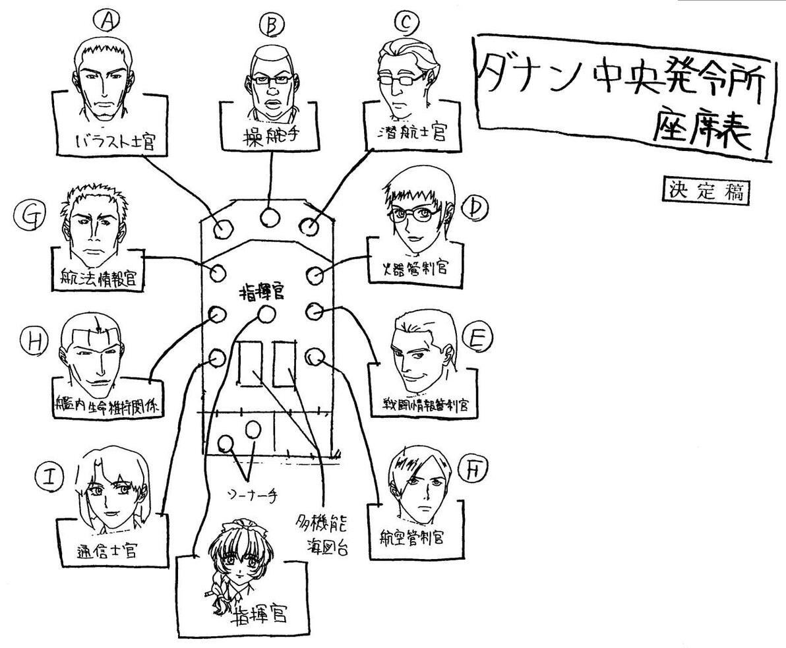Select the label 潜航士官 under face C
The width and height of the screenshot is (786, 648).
pos(415,134)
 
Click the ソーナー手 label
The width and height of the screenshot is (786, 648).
pos(251,494)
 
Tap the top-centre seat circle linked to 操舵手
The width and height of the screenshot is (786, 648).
pos(268,217)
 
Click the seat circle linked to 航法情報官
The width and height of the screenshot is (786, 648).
pos(217,272)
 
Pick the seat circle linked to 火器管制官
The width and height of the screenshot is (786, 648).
pos(315,273)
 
